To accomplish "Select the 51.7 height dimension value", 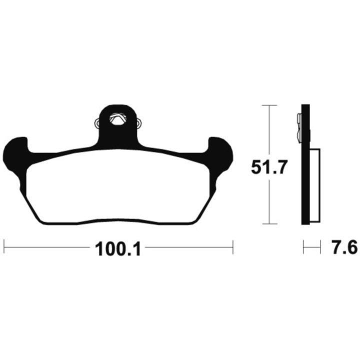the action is [x=269, y=167].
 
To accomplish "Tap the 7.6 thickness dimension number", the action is [x=345, y=247].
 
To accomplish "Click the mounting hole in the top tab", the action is [x=118, y=119].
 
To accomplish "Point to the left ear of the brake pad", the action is [x=15, y=158].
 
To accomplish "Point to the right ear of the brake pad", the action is [x=220, y=158].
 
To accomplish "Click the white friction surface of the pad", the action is [x=118, y=186].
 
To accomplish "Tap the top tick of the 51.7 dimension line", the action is [x=269, y=105].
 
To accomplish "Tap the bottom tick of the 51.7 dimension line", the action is [x=269, y=223].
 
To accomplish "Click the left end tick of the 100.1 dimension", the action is [x=4, y=247].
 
